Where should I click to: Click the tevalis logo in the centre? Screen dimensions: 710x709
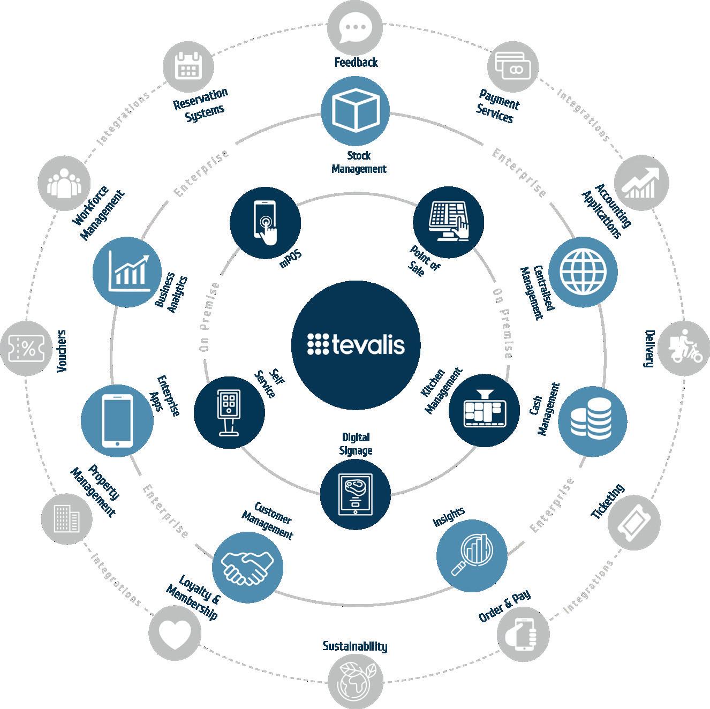(356, 345)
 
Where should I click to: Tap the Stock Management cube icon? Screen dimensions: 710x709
(356, 112)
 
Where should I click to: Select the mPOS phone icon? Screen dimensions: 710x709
(265, 222)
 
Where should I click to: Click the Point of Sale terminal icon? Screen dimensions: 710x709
(449, 222)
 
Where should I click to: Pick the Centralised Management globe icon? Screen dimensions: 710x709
(583, 271)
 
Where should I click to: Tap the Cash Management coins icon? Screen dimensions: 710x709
(592, 422)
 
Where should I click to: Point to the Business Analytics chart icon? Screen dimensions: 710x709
(127, 271)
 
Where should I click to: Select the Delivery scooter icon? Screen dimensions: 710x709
(682, 349)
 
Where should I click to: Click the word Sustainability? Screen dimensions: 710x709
(354, 646)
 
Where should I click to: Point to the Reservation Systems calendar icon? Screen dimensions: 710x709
(188, 66)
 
